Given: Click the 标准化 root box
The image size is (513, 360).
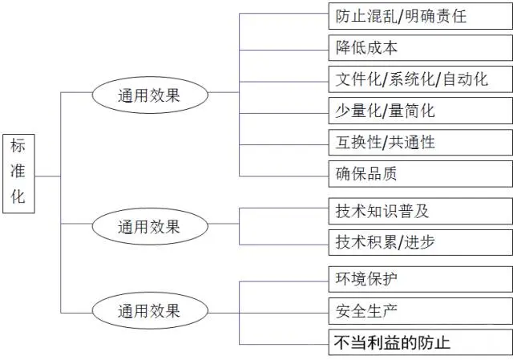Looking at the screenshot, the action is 18,173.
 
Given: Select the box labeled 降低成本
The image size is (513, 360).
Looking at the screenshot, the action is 420,48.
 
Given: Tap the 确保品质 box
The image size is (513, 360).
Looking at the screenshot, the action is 420,174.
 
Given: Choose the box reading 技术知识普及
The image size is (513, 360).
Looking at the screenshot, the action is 420,211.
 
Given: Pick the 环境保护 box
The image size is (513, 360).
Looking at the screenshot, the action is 420,279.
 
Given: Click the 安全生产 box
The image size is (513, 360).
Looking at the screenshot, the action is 420,311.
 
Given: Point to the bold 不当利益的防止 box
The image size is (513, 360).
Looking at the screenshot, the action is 420,342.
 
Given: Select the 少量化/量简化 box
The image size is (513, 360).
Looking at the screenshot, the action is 420,111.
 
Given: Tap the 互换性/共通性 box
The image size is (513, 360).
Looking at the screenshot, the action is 420,143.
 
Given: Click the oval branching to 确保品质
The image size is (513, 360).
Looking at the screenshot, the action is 150,95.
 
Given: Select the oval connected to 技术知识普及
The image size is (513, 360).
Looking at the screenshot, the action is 150,226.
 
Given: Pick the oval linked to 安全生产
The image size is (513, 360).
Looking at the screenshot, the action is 150,310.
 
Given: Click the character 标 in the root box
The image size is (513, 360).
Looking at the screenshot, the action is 18,146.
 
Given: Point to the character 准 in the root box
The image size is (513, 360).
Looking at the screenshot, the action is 18,171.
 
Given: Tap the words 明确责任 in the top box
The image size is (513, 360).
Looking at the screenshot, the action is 436,16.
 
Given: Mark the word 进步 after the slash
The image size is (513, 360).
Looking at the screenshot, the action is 420,242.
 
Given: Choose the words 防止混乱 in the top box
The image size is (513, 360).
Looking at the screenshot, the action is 366,16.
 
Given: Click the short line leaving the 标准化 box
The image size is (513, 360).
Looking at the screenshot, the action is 48,176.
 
